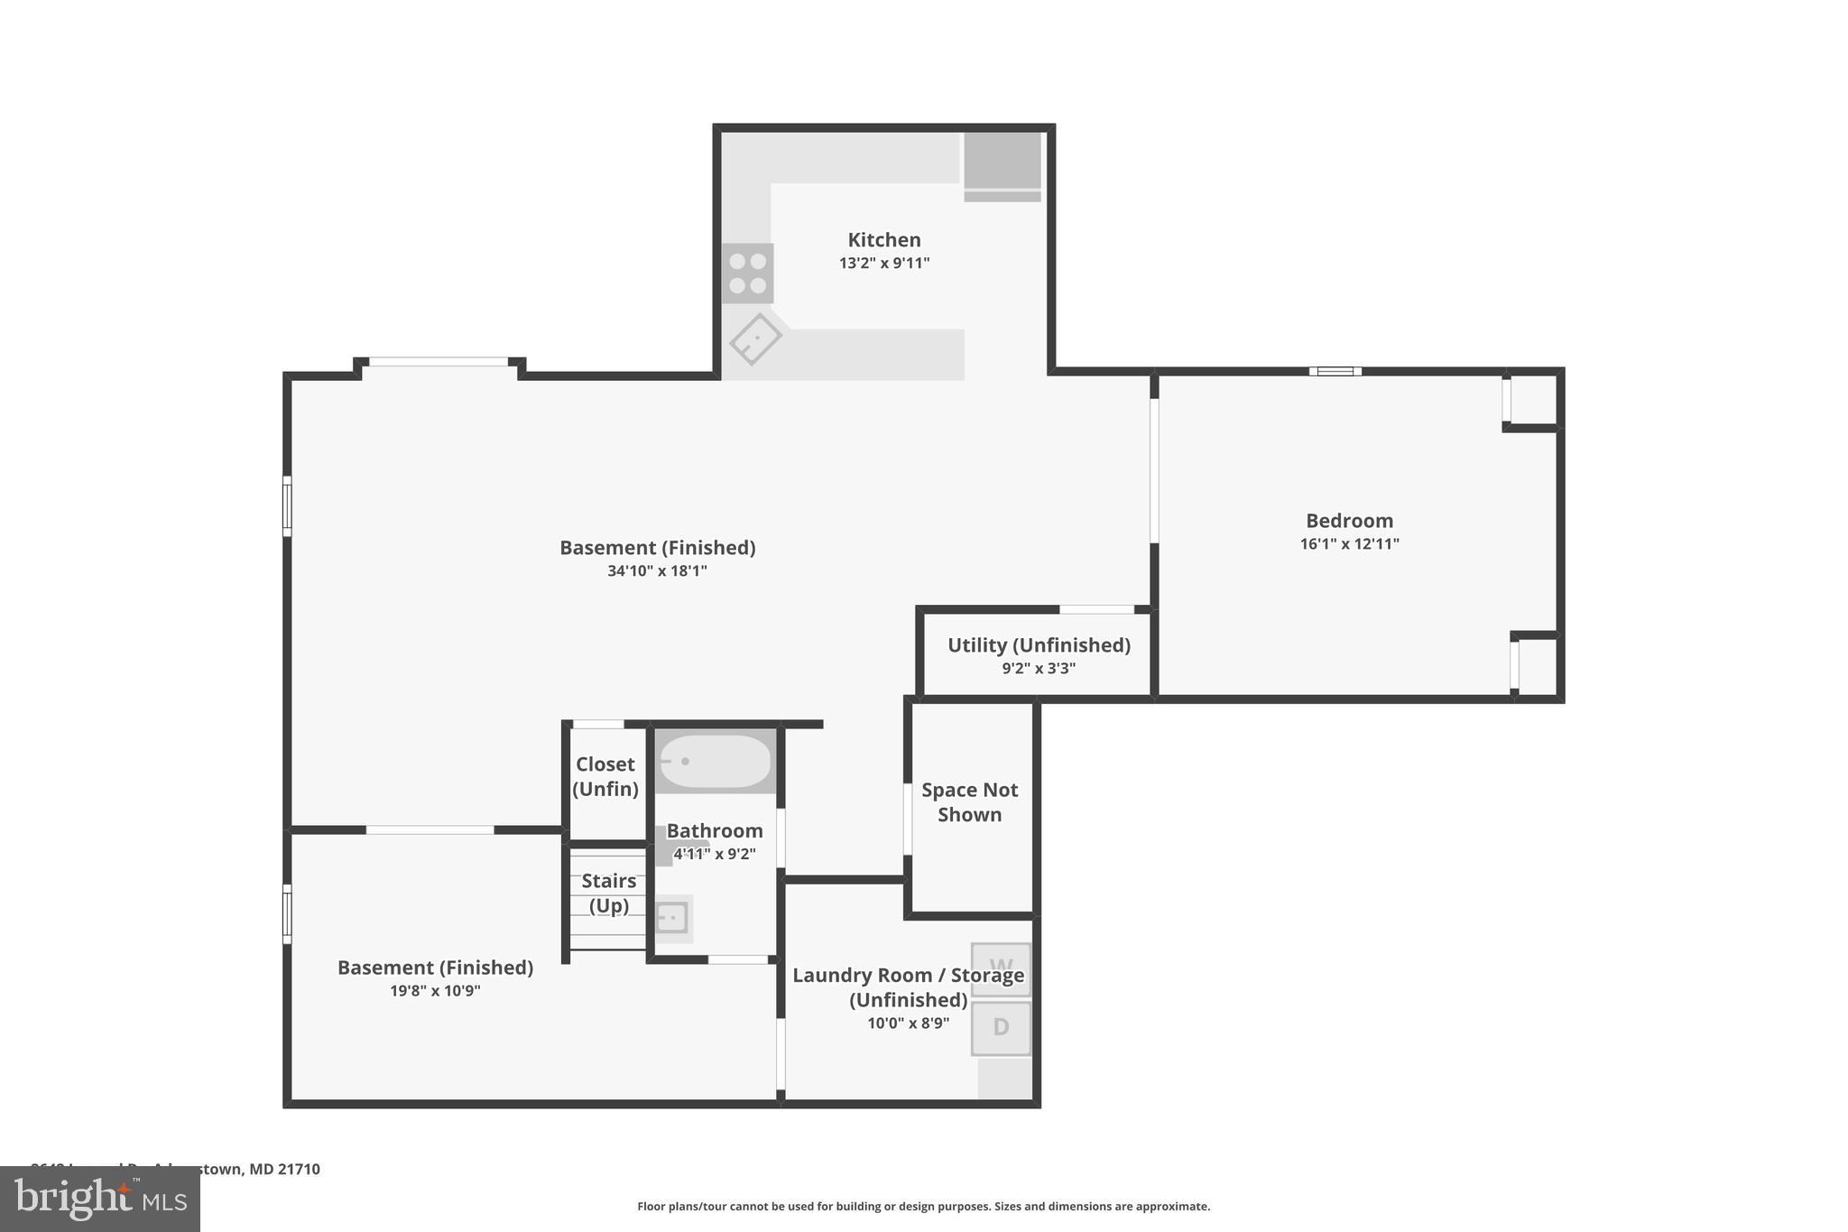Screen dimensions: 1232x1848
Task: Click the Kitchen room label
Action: [x=883, y=240]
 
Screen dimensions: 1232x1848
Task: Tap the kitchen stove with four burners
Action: [x=747, y=273]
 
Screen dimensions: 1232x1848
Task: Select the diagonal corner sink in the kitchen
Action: [x=755, y=339]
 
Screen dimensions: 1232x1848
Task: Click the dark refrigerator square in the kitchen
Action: [x=1002, y=162]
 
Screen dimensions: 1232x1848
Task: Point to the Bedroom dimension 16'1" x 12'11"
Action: [x=1349, y=544]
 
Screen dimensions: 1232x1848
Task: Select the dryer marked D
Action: [x=1001, y=1027]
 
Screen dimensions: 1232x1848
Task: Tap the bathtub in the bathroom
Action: [x=715, y=761]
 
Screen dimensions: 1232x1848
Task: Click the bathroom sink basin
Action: [x=672, y=919]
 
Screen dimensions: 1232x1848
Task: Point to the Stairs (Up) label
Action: [x=608, y=893]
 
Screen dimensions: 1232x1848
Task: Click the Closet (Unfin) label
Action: [x=605, y=776]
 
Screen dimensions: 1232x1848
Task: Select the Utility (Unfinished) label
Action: [x=1038, y=645]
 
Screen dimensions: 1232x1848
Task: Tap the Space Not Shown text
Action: [x=969, y=801]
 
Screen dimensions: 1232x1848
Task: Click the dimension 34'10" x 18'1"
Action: [x=657, y=571]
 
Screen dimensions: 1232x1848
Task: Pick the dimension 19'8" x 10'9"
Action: [x=435, y=991]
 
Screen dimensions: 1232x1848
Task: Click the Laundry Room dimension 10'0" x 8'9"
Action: [x=908, y=1024]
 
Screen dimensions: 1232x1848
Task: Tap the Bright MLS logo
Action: [x=100, y=1199]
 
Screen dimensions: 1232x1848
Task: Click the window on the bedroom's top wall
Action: [x=1335, y=371]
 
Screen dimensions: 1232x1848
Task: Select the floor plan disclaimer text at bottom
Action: [x=923, y=1207]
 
